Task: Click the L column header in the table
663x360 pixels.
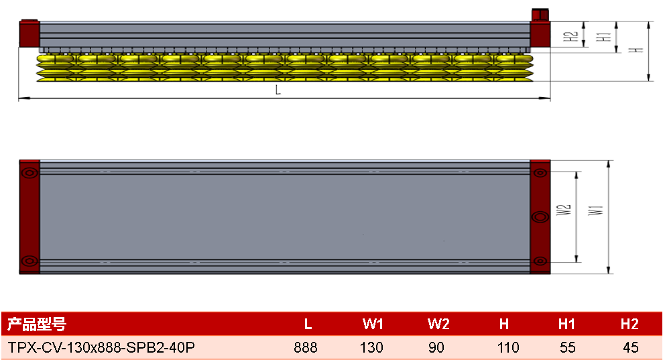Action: click(x=308, y=324)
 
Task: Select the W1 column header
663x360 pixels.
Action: click(x=373, y=324)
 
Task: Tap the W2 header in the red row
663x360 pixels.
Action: click(x=438, y=324)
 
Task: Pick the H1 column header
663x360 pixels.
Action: click(x=566, y=324)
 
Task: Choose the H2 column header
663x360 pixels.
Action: click(x=629, y=324)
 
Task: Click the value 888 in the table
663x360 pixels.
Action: click(x=306, y=348)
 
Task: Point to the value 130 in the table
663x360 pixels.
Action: click(x=371, y=348)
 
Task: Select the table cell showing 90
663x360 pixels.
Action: click(x=436, y=348)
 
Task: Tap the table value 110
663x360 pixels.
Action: click(x=508, y=348)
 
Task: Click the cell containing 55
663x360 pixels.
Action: click(x=567, y=348)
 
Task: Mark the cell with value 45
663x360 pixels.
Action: click(x=630, y=348)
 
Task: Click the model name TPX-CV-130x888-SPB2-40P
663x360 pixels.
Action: click(x=101, y=348)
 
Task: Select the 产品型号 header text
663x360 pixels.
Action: click(x=37, y=324)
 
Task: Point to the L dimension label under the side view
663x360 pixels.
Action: click(x=278, y=90)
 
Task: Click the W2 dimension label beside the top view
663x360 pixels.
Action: click(x=564, y=210)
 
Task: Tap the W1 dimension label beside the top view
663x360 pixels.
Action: click(x=596, y=210)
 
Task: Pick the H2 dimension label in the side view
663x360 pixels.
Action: click(x=570, y=36)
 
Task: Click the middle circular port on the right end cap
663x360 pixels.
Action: click(x=540, y=217)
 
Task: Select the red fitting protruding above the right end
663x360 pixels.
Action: click(x=540, y=14)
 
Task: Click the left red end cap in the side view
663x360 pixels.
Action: click(x=29, y=34)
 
